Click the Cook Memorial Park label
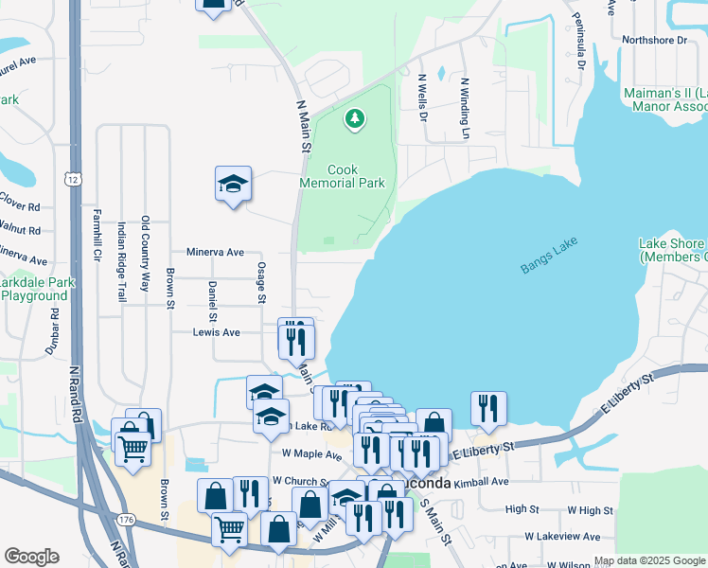(342, 176)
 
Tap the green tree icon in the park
(355, 118)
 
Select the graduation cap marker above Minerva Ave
(233, 185)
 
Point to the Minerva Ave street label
(216, 253)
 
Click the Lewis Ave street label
(216, 332)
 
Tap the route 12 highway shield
(73, 178)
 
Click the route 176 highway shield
(127, 520)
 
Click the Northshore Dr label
(654, 40)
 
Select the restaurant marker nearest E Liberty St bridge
(488, 407)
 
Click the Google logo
(31, 557)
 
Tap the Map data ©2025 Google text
(649, 561)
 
